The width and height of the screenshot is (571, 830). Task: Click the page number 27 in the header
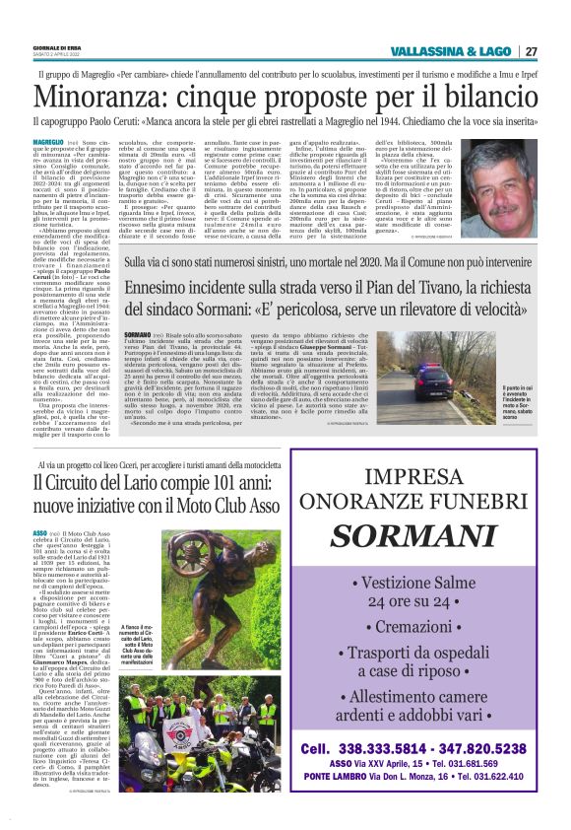pos(531,51)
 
